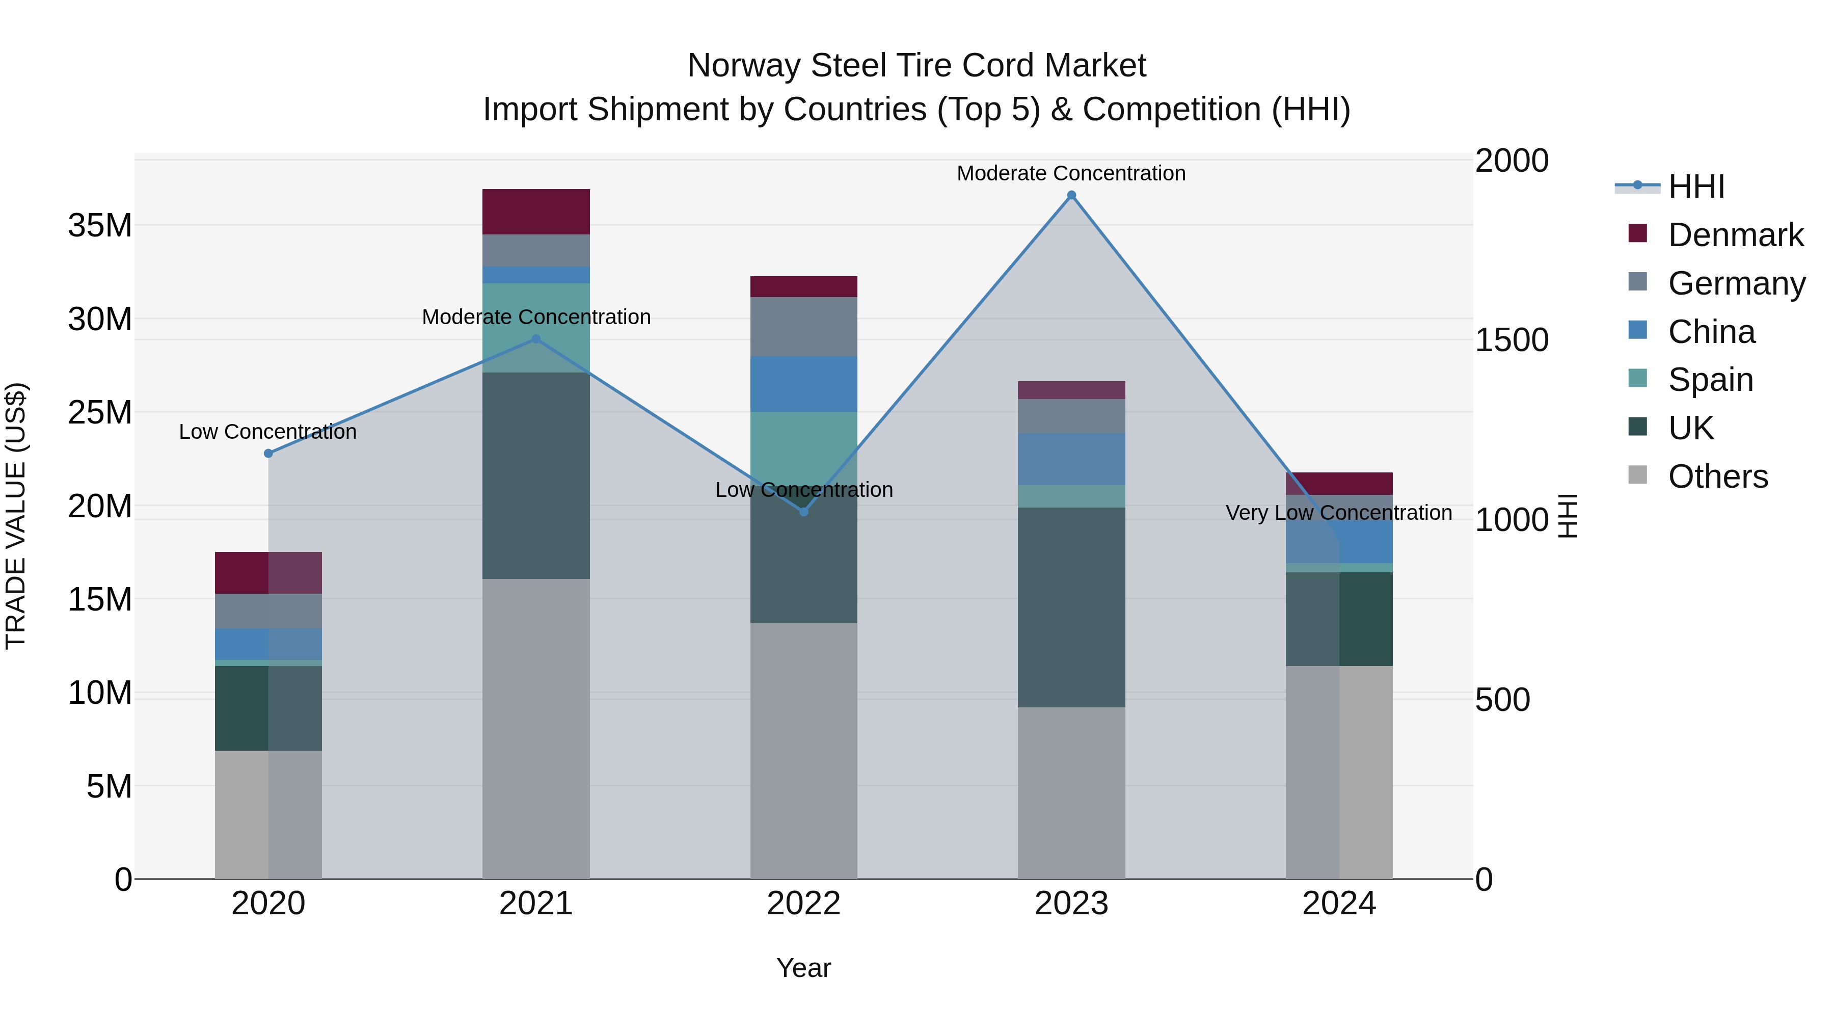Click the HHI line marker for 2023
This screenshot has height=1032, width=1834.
tap(1071, 195)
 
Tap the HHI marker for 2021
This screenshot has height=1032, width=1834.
tap(536, 339)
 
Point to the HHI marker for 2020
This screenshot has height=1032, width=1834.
tap(268, 453)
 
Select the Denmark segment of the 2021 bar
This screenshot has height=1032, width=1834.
tap(536, 211)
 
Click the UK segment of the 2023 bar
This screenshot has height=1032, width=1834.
tap(1071, 607)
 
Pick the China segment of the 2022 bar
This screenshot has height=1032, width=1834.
tap(804, 384)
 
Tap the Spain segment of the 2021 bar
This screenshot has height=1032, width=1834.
tap(536, 328)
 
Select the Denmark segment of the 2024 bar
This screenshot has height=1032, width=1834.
tap(1339, 483)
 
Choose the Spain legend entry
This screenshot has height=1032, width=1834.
tap(1710, 380)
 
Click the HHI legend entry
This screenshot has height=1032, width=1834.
tap(1696, 187)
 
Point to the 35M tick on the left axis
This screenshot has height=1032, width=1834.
tap(100, 226)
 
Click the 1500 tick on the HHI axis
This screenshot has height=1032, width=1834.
tap(1511, 340)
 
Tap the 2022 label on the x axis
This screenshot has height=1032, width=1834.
tap(804, 904)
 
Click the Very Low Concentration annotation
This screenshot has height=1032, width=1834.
tap(1338, 513)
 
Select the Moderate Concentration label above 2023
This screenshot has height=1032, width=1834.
tap(1071, 173)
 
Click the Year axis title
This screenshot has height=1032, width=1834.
tap(804, 968)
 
